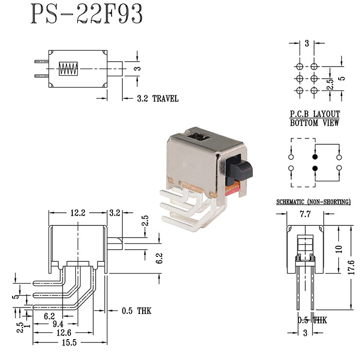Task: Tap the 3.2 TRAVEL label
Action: [x=157, y=99]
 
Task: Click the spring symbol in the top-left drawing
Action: [x=68, y=69]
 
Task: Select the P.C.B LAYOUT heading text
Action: [x=314, y=114]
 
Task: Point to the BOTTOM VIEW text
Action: [x=314, y=123]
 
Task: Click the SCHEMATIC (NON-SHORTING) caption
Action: [x=314, y=202]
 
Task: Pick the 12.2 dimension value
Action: [x=77, y=213]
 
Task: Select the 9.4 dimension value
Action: [x=58, y=324]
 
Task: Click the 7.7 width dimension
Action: [x=305, y=214]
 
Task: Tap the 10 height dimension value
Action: [x=339, y=248]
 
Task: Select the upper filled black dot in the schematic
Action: [x=315, y=157]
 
